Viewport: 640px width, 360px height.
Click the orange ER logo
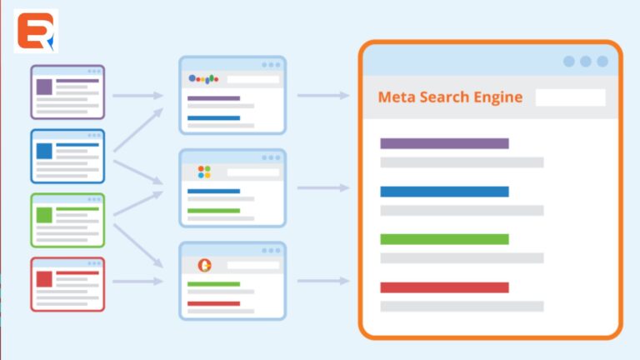click(36, 32)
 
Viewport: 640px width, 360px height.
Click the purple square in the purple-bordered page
click(44, 86)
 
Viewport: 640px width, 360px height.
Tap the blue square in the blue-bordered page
click(44, 151)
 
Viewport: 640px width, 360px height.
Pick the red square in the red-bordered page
click(44, 279)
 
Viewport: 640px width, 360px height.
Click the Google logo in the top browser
click(203, 78)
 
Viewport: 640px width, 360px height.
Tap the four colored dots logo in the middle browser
click(204, 172)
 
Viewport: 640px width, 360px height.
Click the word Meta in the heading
click(397, 97)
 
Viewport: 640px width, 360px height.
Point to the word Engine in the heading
click(500, 97)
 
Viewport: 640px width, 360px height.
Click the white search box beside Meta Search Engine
click(570, 97)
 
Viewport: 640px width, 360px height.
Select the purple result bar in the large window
click(444, 143)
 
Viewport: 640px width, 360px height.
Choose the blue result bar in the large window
click(444, 192)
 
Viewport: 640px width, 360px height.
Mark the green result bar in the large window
click(444, 239)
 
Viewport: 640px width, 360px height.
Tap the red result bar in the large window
click(444, 287)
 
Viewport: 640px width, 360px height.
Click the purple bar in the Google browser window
click(213, 98)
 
